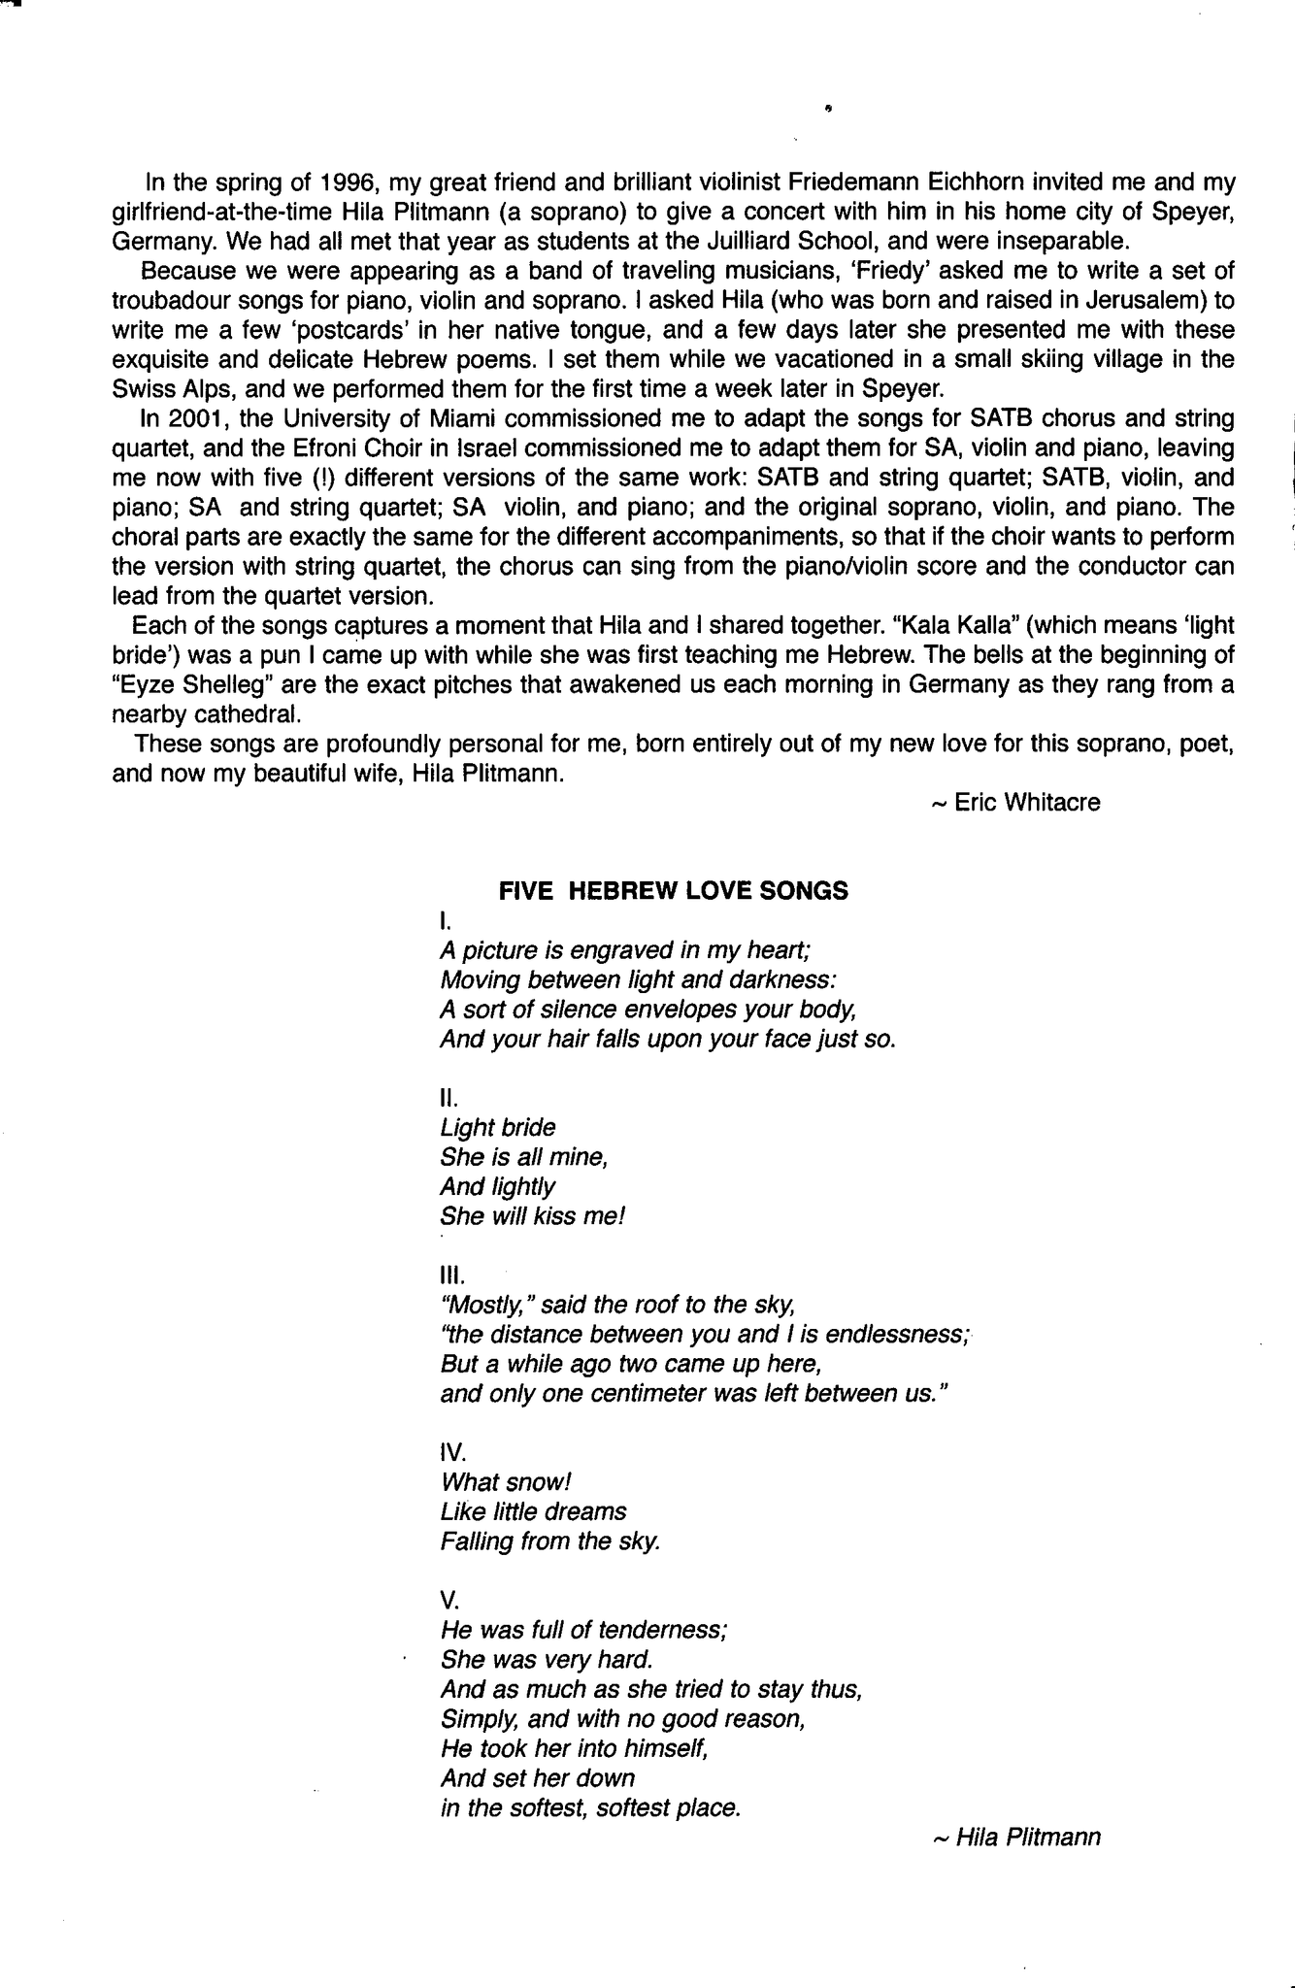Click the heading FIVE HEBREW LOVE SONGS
673,891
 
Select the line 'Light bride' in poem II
498,1127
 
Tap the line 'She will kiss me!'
533,1216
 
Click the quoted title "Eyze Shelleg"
190,684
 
